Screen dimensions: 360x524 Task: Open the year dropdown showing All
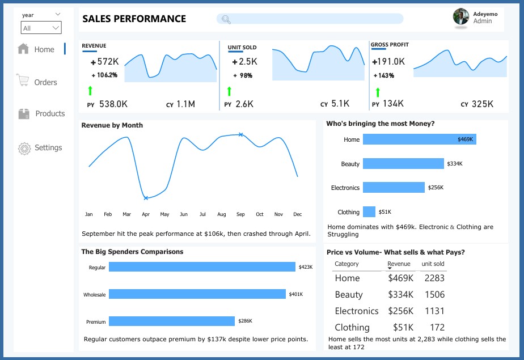41,28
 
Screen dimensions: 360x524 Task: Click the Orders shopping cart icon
23,81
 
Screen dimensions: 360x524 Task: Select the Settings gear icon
24,149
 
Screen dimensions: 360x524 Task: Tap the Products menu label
50,113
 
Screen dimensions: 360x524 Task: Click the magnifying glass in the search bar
226,20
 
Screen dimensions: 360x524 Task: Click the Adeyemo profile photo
461,16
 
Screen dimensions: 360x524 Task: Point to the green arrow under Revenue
90,91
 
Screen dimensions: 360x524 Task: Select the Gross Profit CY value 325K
482,104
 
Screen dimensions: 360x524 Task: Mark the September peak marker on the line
240,134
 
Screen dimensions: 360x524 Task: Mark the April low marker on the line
146,198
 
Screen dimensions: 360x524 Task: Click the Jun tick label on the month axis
184,214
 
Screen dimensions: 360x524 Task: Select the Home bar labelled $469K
419,139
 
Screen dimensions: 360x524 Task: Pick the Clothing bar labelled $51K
369,212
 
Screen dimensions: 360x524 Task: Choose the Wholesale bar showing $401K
197,294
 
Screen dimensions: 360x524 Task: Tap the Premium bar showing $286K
171,321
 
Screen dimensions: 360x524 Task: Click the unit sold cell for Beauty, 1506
434,294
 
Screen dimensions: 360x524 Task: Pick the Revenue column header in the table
399,264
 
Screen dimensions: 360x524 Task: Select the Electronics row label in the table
356,311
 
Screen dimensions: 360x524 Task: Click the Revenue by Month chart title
112,125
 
